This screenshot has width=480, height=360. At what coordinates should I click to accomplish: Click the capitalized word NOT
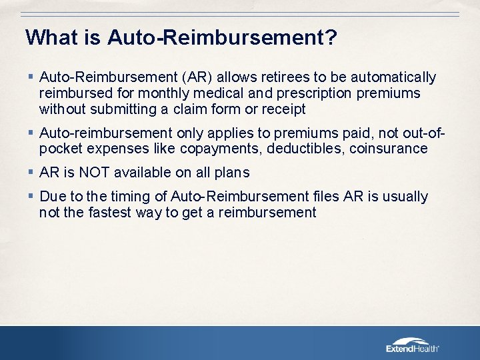point(94,173)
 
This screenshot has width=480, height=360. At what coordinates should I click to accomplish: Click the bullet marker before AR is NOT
point(31,173)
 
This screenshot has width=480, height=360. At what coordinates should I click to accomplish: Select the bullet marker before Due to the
point(31,197)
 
